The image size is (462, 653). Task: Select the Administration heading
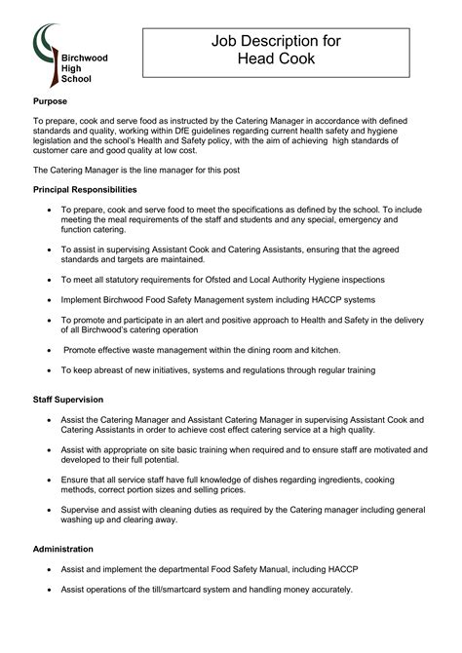(63, 549)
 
